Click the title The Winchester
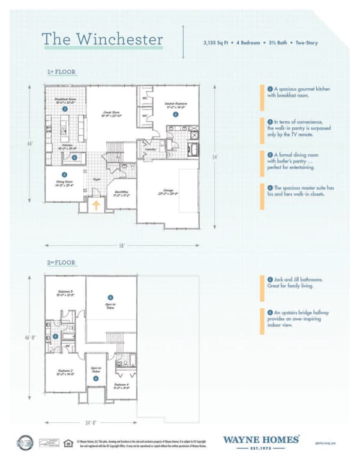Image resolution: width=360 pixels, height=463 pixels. point(102,40)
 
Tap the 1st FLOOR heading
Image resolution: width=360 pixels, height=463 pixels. point(61,73)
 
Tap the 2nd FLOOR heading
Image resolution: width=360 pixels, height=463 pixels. point(62,263)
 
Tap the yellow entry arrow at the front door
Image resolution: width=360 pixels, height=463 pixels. point(95,205)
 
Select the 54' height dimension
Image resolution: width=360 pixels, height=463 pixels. point(215,157)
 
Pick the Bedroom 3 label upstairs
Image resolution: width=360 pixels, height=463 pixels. point(64,294)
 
